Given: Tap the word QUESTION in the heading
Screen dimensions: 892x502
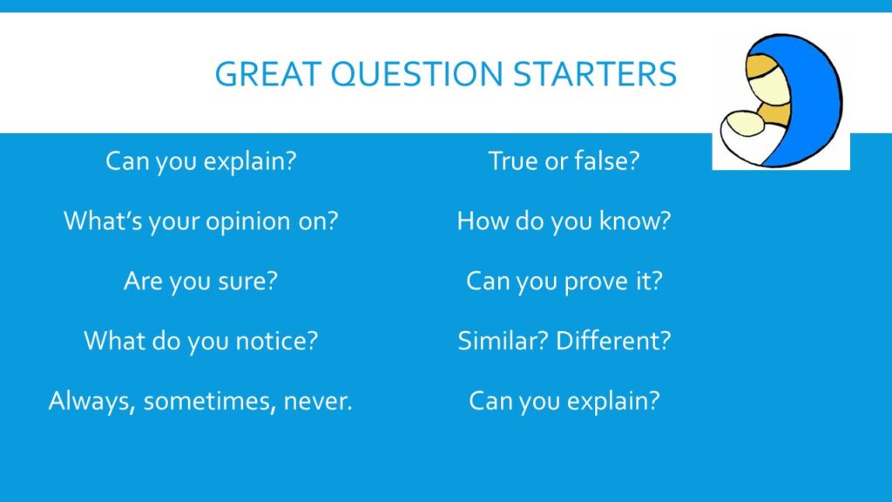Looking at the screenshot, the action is point(416,75).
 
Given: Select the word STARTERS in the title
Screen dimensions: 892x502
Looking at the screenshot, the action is point(595,74).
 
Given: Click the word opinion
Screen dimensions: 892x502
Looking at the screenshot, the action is point(248,221).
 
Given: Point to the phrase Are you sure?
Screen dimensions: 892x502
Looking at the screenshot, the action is point(201,282).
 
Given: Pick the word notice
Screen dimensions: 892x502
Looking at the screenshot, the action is point(276,341).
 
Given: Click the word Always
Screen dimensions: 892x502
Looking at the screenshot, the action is point(91,401).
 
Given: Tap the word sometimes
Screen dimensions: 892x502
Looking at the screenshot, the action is point(209,401).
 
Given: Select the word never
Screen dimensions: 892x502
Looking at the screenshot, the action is point(318,402).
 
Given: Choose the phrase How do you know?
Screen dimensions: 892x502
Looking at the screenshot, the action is point(564,220).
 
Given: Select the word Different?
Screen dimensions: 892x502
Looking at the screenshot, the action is point(613,341).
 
